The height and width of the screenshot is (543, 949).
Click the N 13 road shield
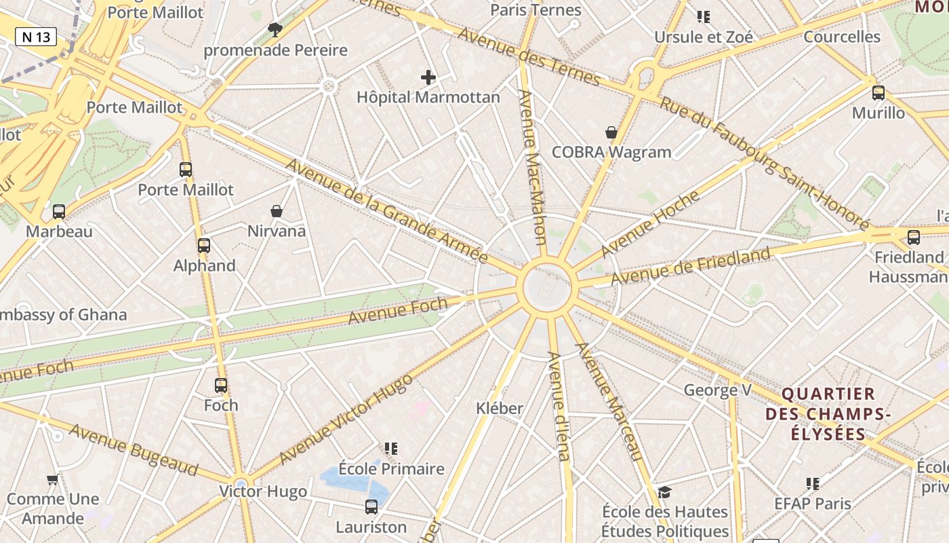tap(36, 37)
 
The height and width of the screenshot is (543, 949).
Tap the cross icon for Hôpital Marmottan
tap(428, 77)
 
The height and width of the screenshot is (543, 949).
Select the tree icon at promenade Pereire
tap(275, 29)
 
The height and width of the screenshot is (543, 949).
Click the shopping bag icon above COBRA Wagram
tap(611, 132)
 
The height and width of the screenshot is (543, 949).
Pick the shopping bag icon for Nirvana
tap(277, 211)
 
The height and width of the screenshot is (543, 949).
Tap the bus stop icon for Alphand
tap(204, 246)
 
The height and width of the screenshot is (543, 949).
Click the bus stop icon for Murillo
tap(879, 93)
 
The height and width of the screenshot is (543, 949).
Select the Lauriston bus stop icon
tap(371, 506)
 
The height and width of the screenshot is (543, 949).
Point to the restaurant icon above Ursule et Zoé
tap(704, 16)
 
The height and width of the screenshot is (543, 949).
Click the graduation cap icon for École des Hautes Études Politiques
tap(665, 492)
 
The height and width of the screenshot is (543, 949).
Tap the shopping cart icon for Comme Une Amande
tap(52, 479)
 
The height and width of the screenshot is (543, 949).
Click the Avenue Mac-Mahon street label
tap(533, 166)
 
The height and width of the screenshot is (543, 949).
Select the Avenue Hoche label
tap(650, 223)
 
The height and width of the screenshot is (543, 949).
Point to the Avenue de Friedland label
tap(691, 266)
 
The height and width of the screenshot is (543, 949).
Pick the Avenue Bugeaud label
tap(134, 450)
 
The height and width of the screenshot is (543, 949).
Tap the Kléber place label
tap(500, 408)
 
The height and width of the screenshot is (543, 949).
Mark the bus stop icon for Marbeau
tap(59, 212)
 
